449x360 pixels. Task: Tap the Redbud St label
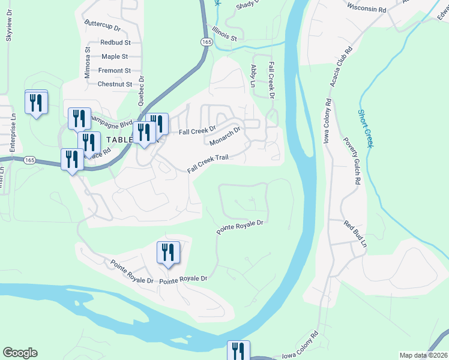(115, 43)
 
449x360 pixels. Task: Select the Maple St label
(115, 56)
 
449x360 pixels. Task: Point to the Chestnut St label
(115, 85)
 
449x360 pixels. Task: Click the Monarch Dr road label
(225, 136)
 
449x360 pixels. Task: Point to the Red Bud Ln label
(355, 234)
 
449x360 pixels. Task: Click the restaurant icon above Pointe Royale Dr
(169, 252)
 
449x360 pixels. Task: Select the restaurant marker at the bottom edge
(238, 350)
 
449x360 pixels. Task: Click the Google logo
(20, 353)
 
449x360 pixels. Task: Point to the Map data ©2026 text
(423, 355)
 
